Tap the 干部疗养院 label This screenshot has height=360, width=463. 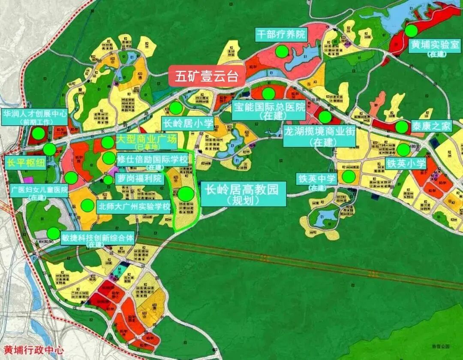(280, 34)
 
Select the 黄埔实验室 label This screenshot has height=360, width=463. (435, 45)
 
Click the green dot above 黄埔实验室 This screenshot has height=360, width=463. (412, 30)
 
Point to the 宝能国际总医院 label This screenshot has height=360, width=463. (269, 107)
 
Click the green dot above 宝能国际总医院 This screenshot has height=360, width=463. (268, 93)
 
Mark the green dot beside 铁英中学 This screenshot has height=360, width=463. (349, 176)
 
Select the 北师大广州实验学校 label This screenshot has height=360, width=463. (134, 206)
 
